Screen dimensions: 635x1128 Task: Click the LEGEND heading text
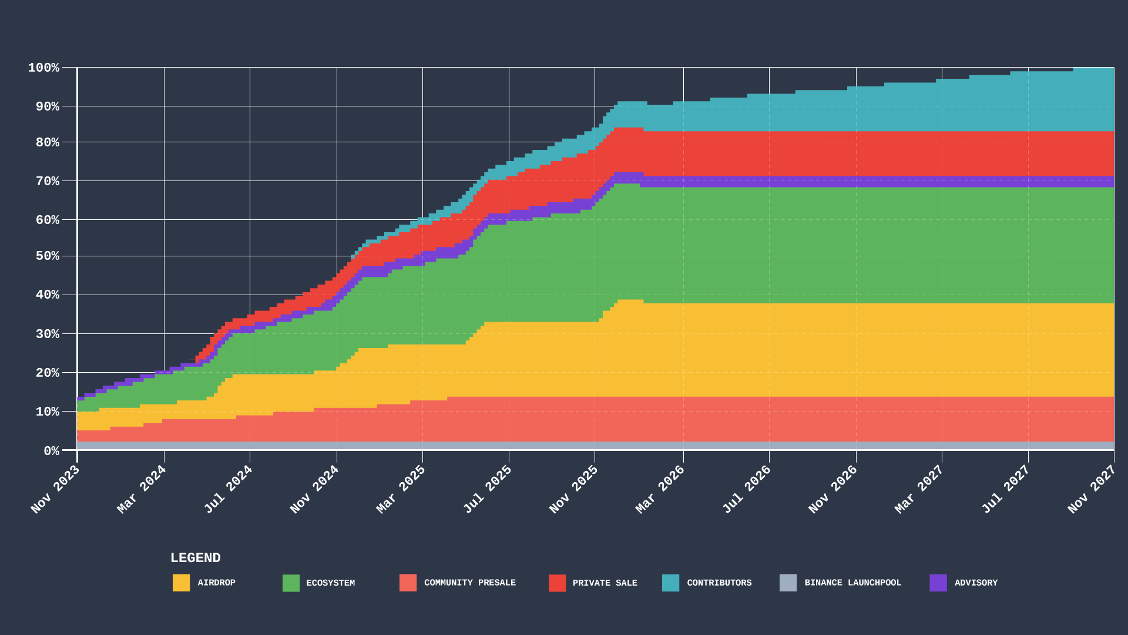(196, 558)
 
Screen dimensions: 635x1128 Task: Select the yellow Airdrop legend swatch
(181, 583)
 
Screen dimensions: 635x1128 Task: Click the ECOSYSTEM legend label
(330, 583)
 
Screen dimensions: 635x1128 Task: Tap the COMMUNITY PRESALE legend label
(469, 583)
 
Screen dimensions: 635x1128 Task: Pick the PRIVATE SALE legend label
(605, 583)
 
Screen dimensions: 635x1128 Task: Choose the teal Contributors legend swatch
(670, 583)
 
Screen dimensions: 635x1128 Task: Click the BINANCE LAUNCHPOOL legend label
(852, 583)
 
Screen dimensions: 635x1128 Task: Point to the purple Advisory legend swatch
(938, 583)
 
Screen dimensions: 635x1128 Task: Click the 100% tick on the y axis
(44, 68)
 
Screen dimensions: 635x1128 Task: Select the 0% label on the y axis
(52, 451)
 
